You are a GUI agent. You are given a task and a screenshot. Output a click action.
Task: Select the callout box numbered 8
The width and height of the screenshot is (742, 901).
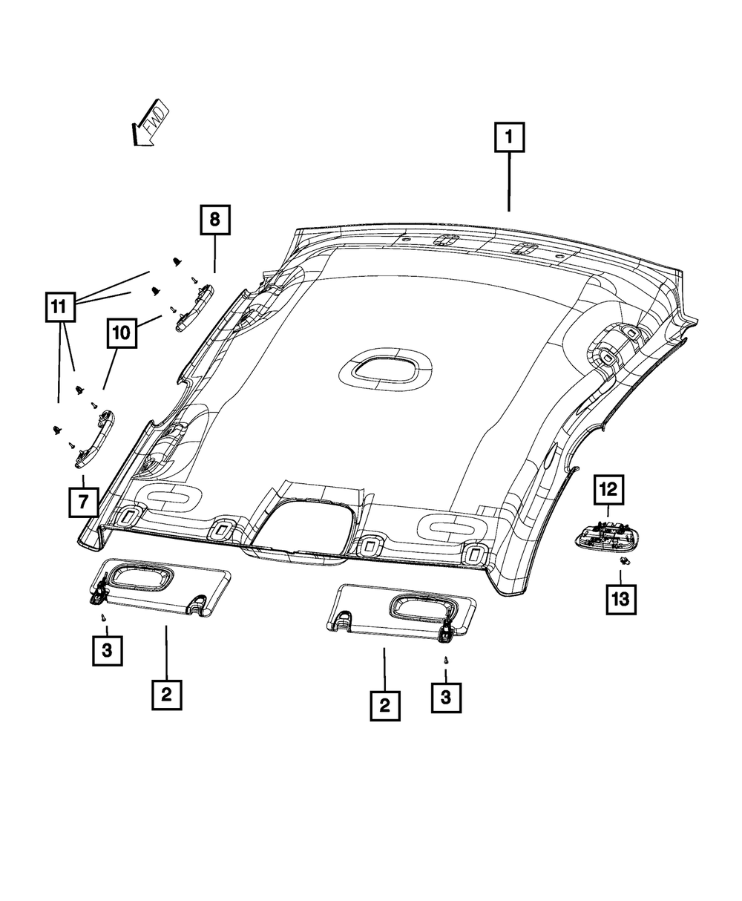coord(214,220)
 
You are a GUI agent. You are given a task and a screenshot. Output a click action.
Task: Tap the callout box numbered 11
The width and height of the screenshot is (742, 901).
coord(59,305)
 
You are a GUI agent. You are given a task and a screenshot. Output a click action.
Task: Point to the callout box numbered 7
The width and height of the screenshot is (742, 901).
coord(83,502)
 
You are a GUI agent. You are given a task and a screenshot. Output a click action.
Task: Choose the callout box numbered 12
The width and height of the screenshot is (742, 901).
coord(608,489)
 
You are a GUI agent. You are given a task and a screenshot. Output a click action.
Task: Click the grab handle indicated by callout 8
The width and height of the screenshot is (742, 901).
coord(194,305)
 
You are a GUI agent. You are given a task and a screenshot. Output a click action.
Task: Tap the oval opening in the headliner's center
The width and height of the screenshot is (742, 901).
coord(386,368)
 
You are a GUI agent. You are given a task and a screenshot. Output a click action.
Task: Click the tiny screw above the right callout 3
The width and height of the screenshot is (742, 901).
coord(445,659)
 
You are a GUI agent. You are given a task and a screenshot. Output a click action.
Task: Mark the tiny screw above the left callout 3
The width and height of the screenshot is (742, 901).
coord(105,616)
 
